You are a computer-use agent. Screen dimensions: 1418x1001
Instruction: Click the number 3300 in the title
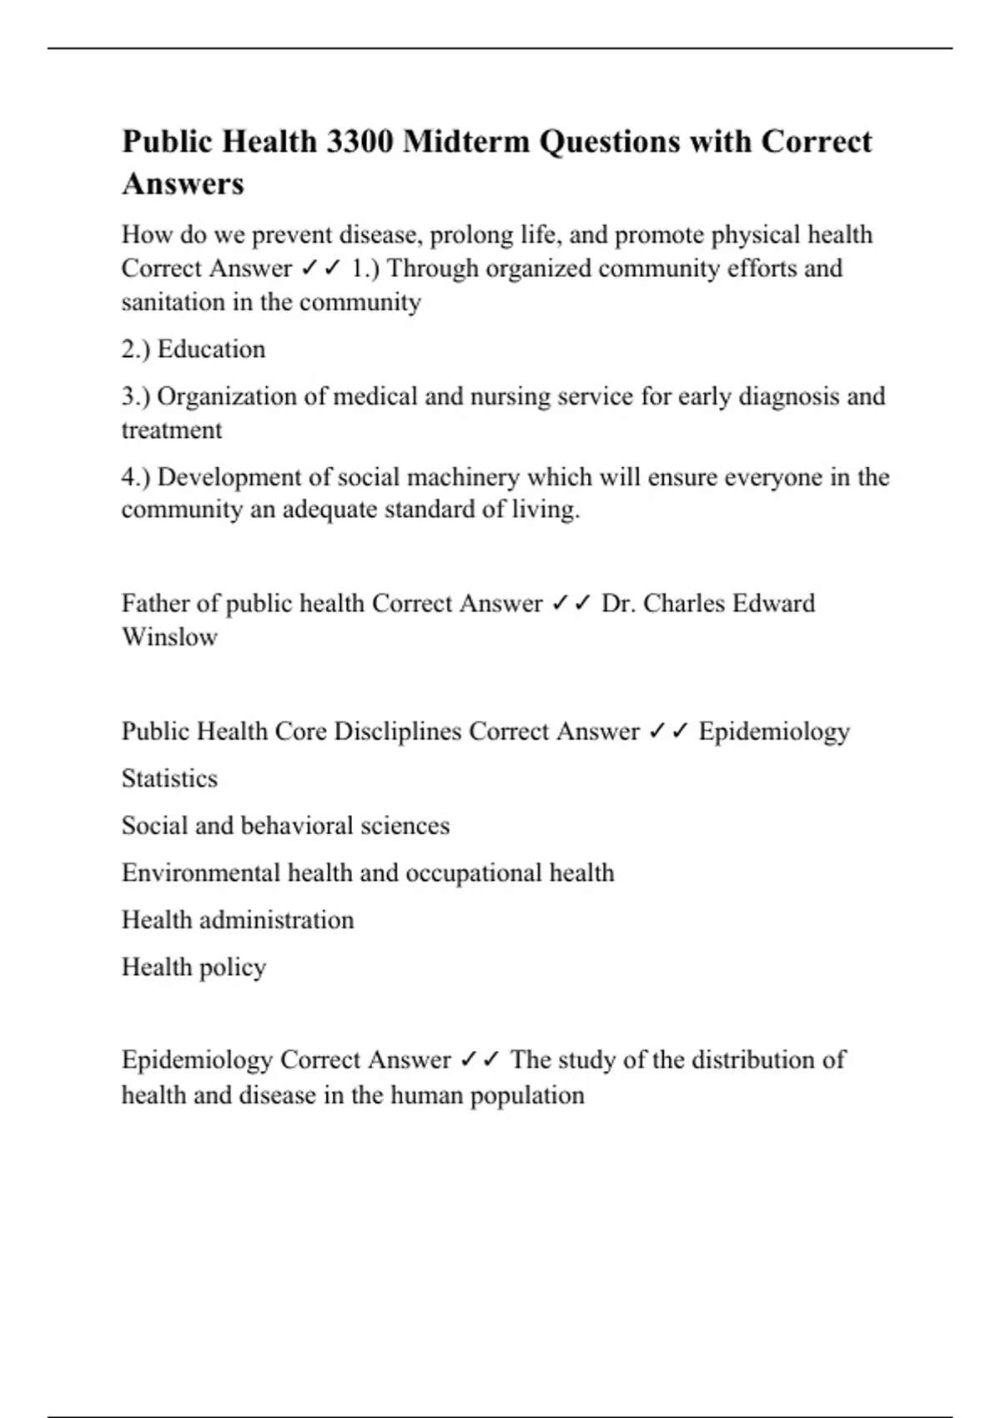coord(360,142)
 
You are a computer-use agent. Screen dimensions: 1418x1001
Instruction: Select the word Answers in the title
coord(183,184)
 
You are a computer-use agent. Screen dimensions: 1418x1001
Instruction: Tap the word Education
coord(211,349)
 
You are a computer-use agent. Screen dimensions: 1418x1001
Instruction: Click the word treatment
coord(172,430)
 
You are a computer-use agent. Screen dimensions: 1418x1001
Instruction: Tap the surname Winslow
coord(169,637)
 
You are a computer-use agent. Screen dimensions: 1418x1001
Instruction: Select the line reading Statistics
coord(169,779)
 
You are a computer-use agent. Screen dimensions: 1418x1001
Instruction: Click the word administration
coord(276,920)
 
